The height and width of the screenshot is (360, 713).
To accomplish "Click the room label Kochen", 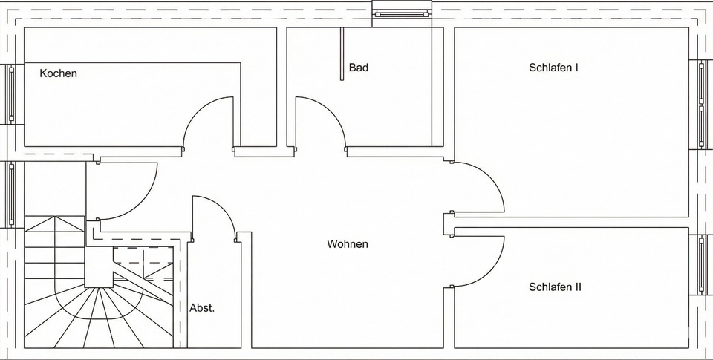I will click(59, 73).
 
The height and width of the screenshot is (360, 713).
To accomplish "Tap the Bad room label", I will click(359, 68).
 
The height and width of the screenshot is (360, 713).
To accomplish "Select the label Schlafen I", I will click(553, 68).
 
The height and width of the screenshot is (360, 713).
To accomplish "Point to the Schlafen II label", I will click(555, 287).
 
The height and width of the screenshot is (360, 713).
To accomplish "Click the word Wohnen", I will click(348, 243).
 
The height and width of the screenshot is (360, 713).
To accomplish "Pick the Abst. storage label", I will click(202, 307).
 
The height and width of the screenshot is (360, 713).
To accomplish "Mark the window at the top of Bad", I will click(401, 11).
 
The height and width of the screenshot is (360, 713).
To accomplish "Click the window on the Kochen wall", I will click(11, 93).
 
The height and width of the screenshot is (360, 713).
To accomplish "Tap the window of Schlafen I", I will click(702, 104).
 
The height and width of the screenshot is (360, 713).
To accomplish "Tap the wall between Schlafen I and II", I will click(572, 222).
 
